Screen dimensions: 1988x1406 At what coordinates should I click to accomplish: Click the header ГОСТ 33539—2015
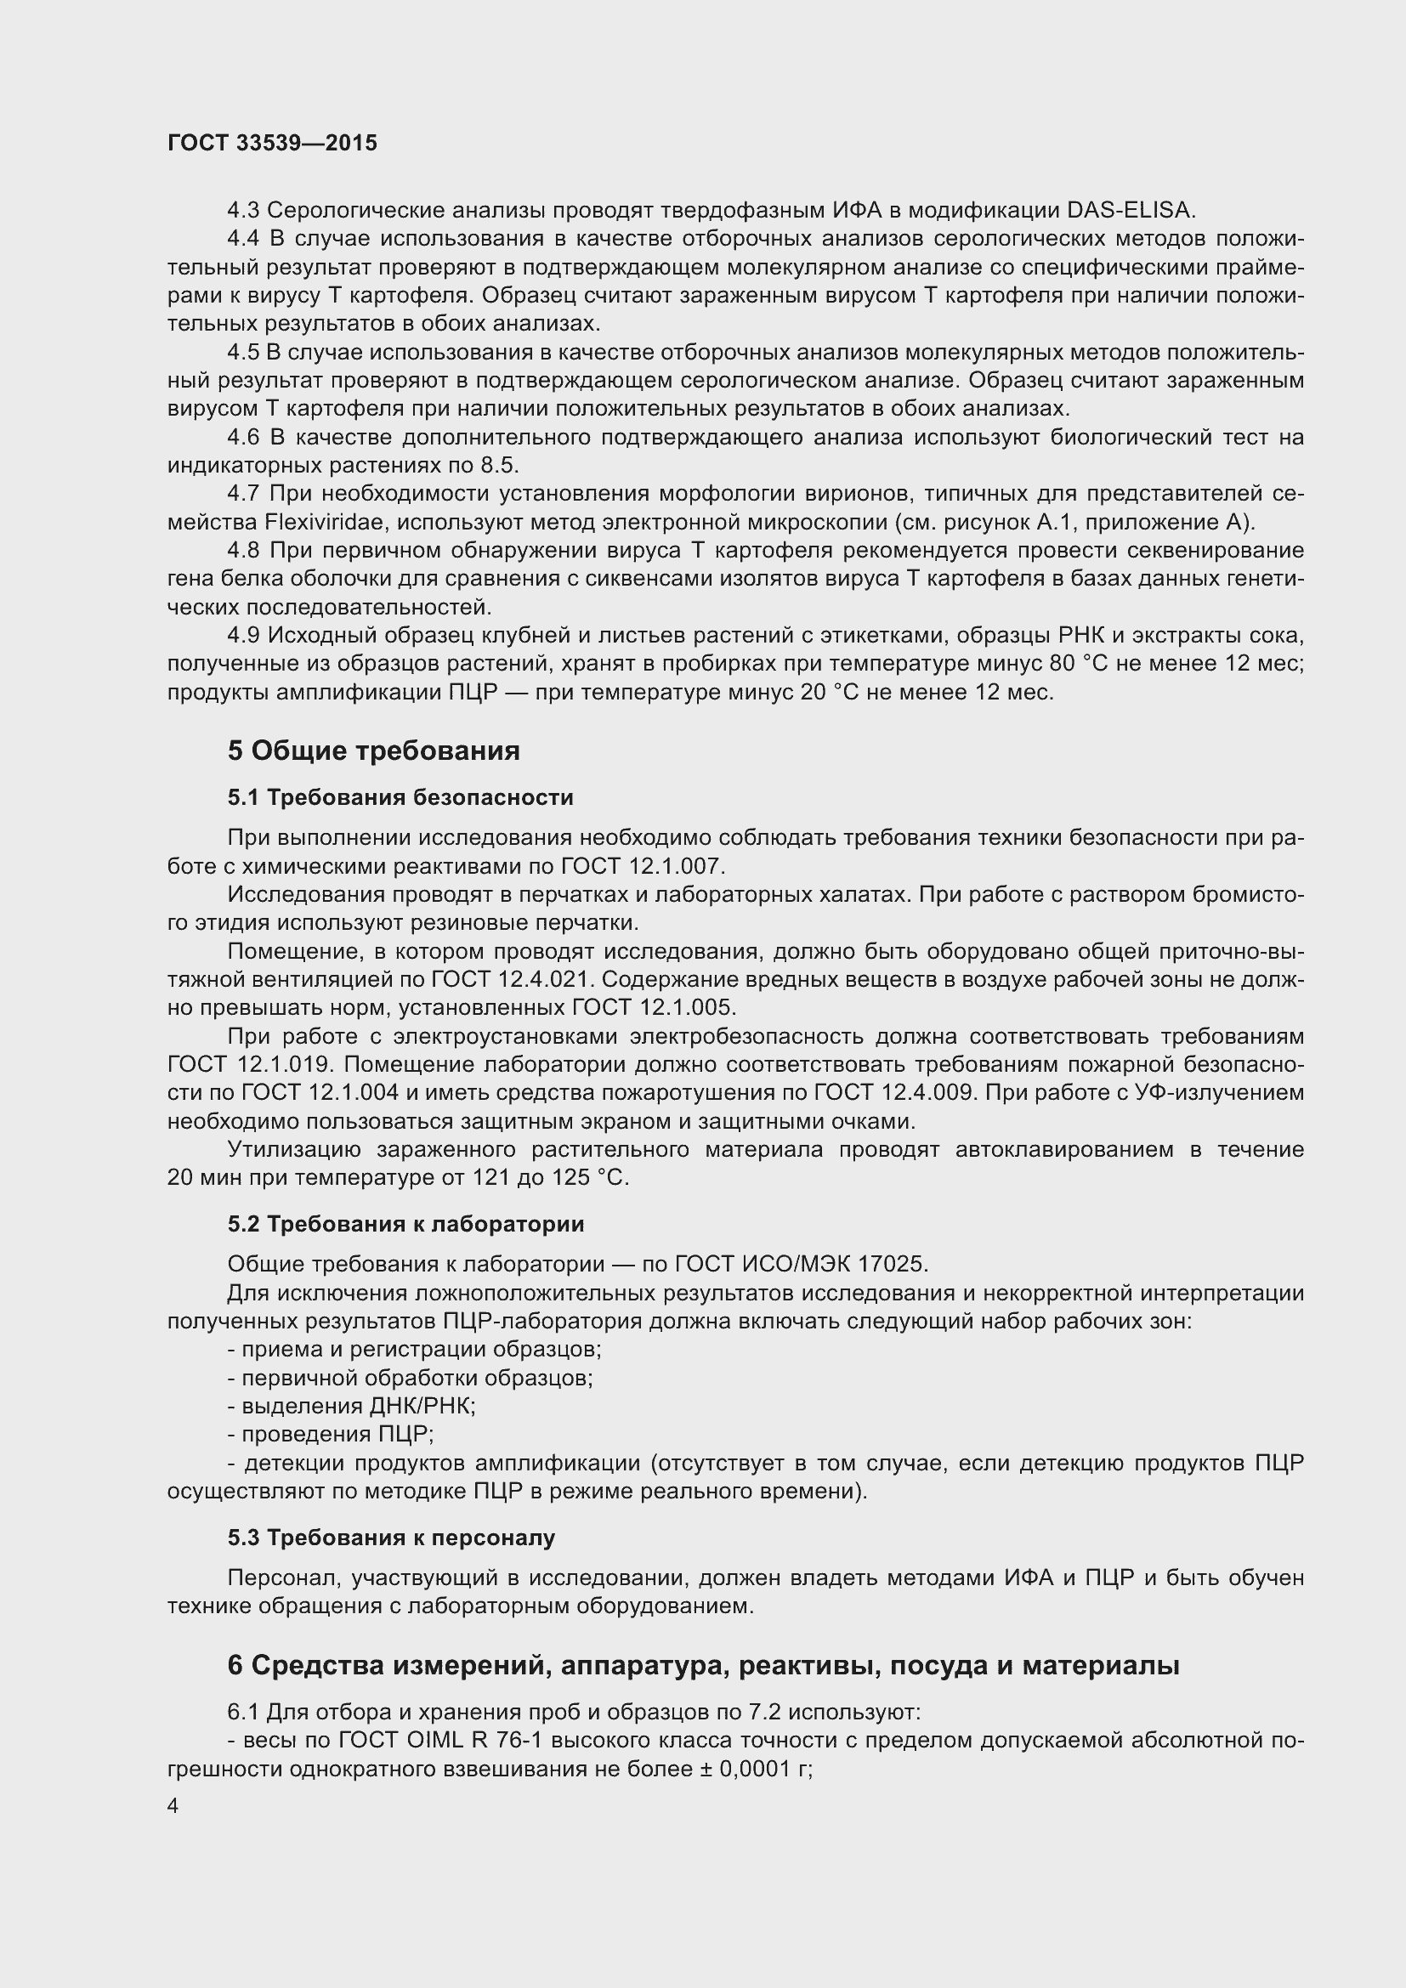(x=272, y=143)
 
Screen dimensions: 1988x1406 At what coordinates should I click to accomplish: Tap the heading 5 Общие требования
(x=373, y=750)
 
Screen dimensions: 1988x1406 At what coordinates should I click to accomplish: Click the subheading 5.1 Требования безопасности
(x=400, y=796)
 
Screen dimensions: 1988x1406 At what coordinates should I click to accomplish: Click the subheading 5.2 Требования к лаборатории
(x=405, y=1223)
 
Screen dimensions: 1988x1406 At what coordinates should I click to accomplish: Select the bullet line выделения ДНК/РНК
(x=352, y=1406)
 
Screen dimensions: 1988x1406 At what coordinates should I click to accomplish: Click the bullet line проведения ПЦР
(x=331, y=1434)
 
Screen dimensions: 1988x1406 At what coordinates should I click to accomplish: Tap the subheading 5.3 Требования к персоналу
(x=391, y=1538)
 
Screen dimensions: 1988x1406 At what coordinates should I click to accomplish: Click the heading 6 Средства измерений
(x=703, y=1665)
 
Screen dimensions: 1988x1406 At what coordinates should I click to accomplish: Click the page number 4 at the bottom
(x=173, y=1806)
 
